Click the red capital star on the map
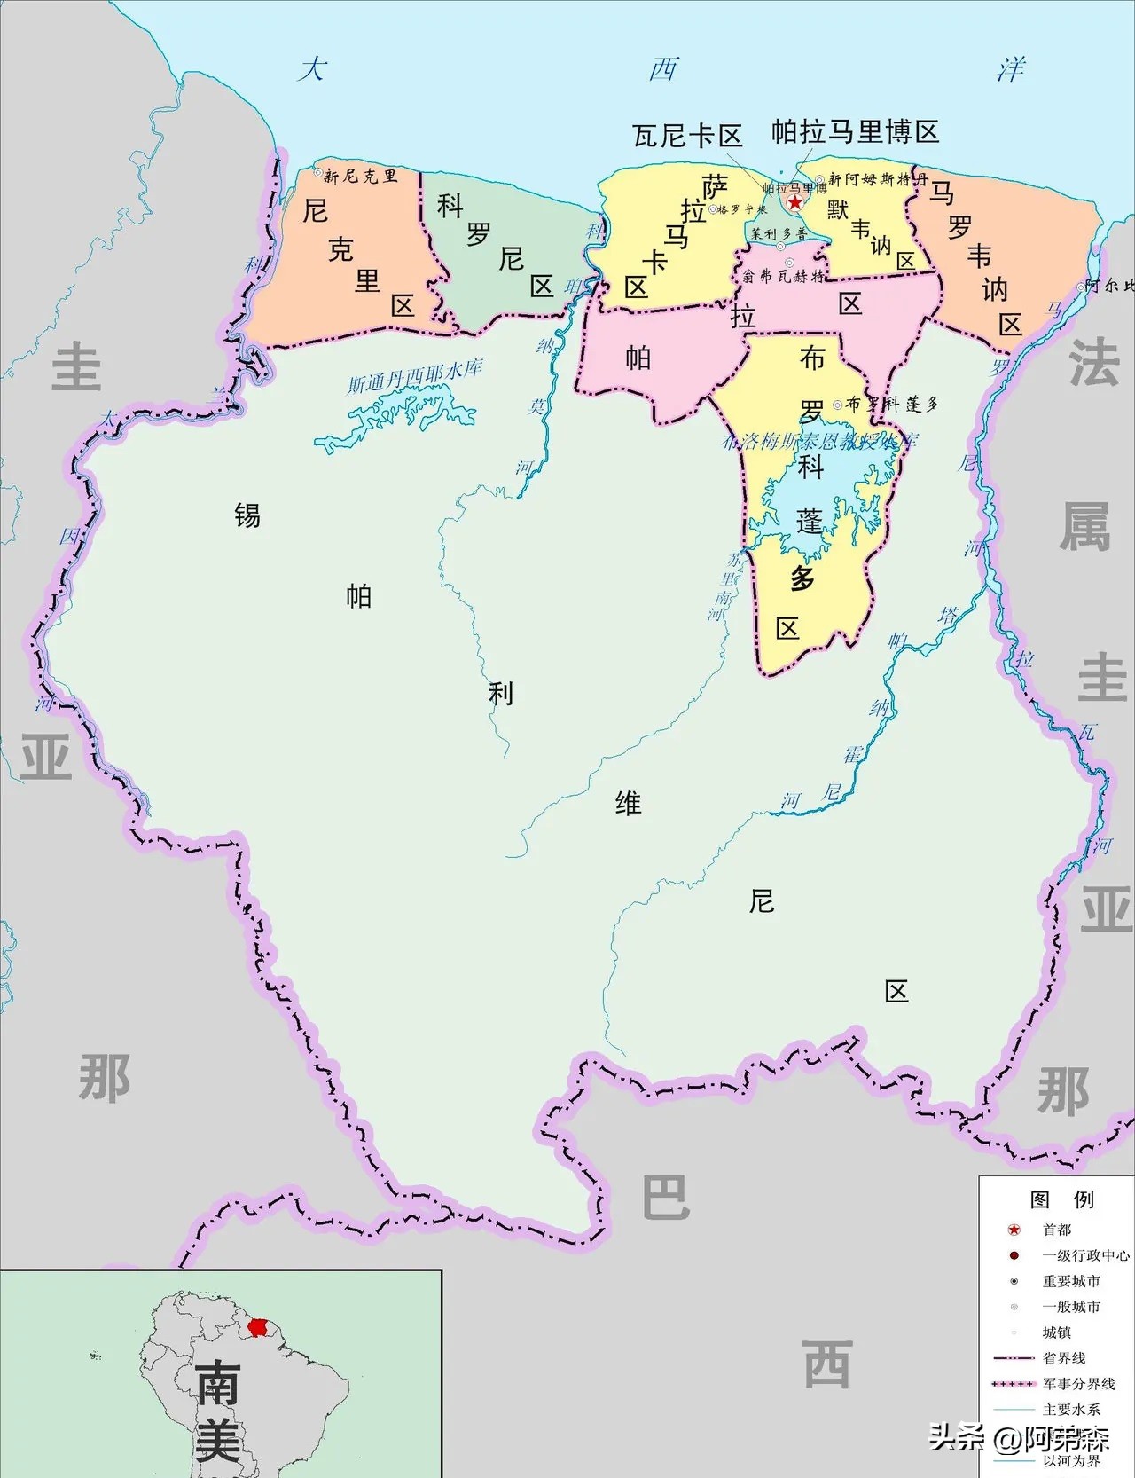pos(795,202)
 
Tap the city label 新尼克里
pos(360,176)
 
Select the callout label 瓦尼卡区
pos(687,136)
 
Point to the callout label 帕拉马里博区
pos(855,132)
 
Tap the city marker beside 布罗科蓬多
pos(837,405)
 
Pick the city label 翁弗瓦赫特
pos(784,277)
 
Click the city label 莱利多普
pos(779,234)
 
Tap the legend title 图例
pos(1061,1199)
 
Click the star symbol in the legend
pos(1014,1230)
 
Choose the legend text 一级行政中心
pos(1085,1255)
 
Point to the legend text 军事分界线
pos(1078,1383)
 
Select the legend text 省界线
pos(1064,1358)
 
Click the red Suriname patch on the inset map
pos(257,1327)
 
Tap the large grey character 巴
pos(666,1197)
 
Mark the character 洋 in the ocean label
pos(1011,69)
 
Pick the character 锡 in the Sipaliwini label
pos(247,515)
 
